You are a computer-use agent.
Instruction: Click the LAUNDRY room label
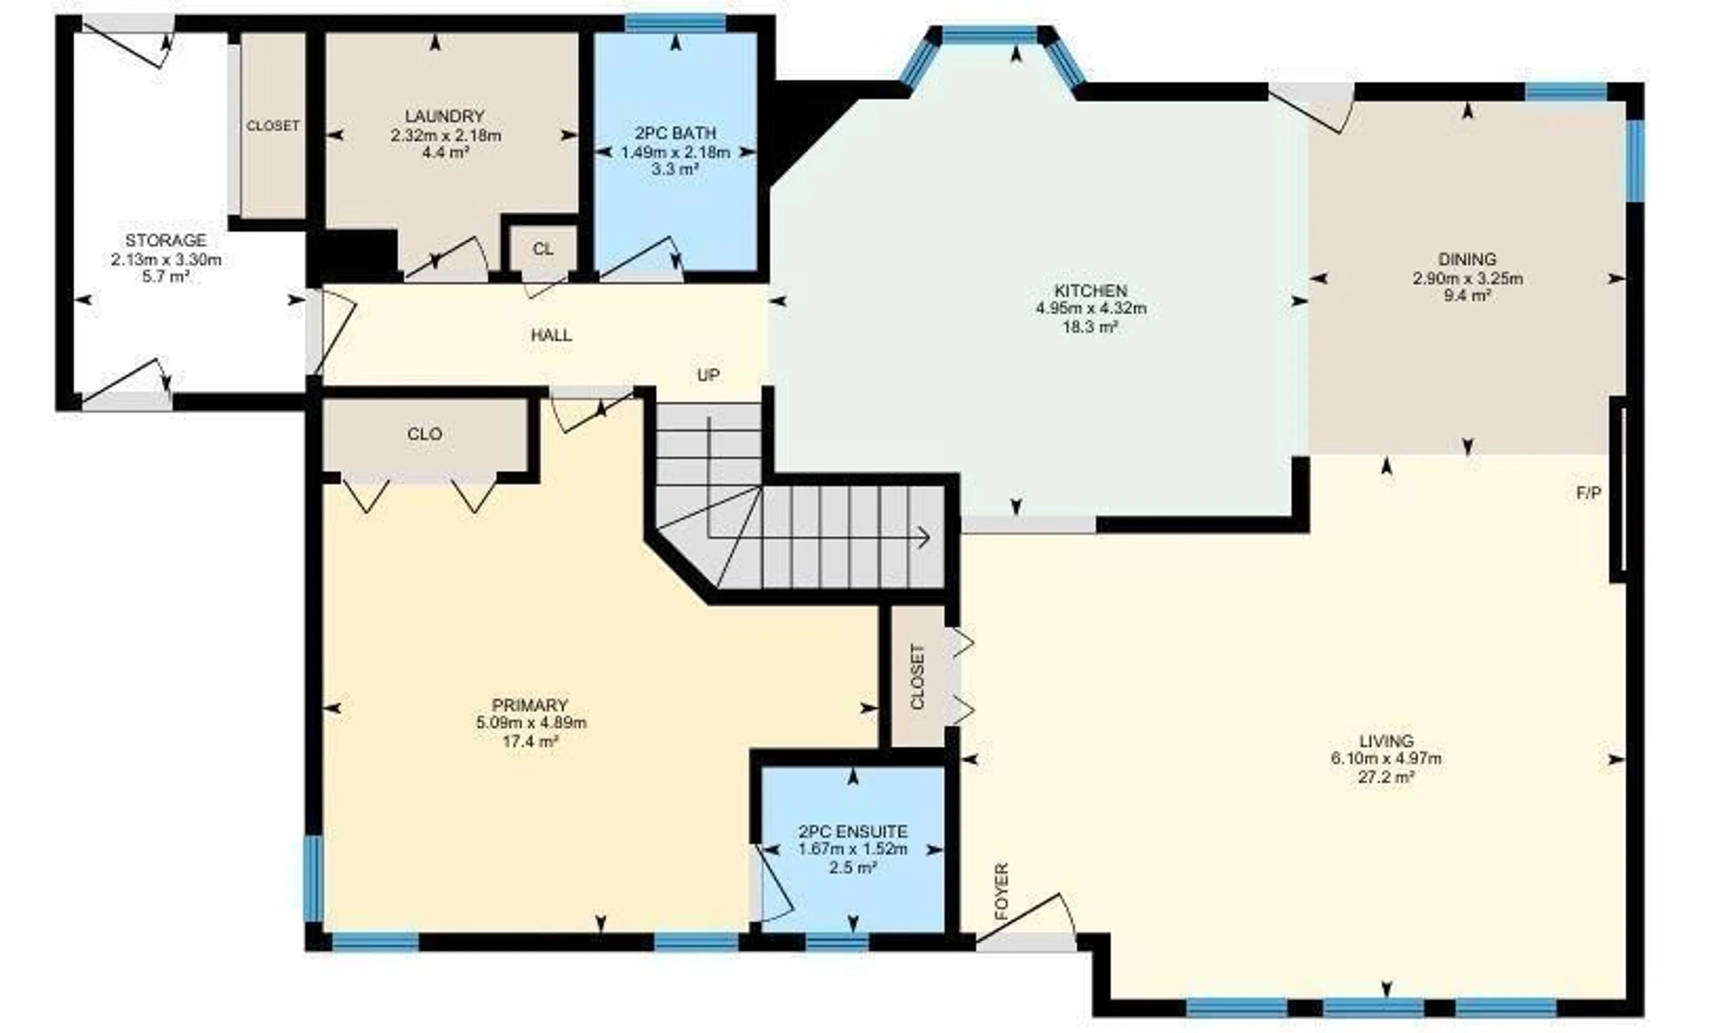click(x=444, y=116)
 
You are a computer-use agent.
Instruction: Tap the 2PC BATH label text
click(x=675, y=133)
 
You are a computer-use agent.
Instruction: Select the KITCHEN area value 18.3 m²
click(x=1090, y=327)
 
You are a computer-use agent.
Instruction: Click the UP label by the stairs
click(x=708, y=376)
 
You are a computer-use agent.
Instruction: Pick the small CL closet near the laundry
click(x=543, y=249)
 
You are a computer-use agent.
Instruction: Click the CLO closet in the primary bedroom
click(x=424, y=434)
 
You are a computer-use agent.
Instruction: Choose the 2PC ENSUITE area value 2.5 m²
click(x=852, y=868)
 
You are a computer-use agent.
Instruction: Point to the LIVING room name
click(x=1386, y=741)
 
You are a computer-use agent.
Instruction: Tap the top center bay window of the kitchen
click(x=989, y=35)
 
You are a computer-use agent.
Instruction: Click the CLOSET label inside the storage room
click(x=273, y=126)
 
